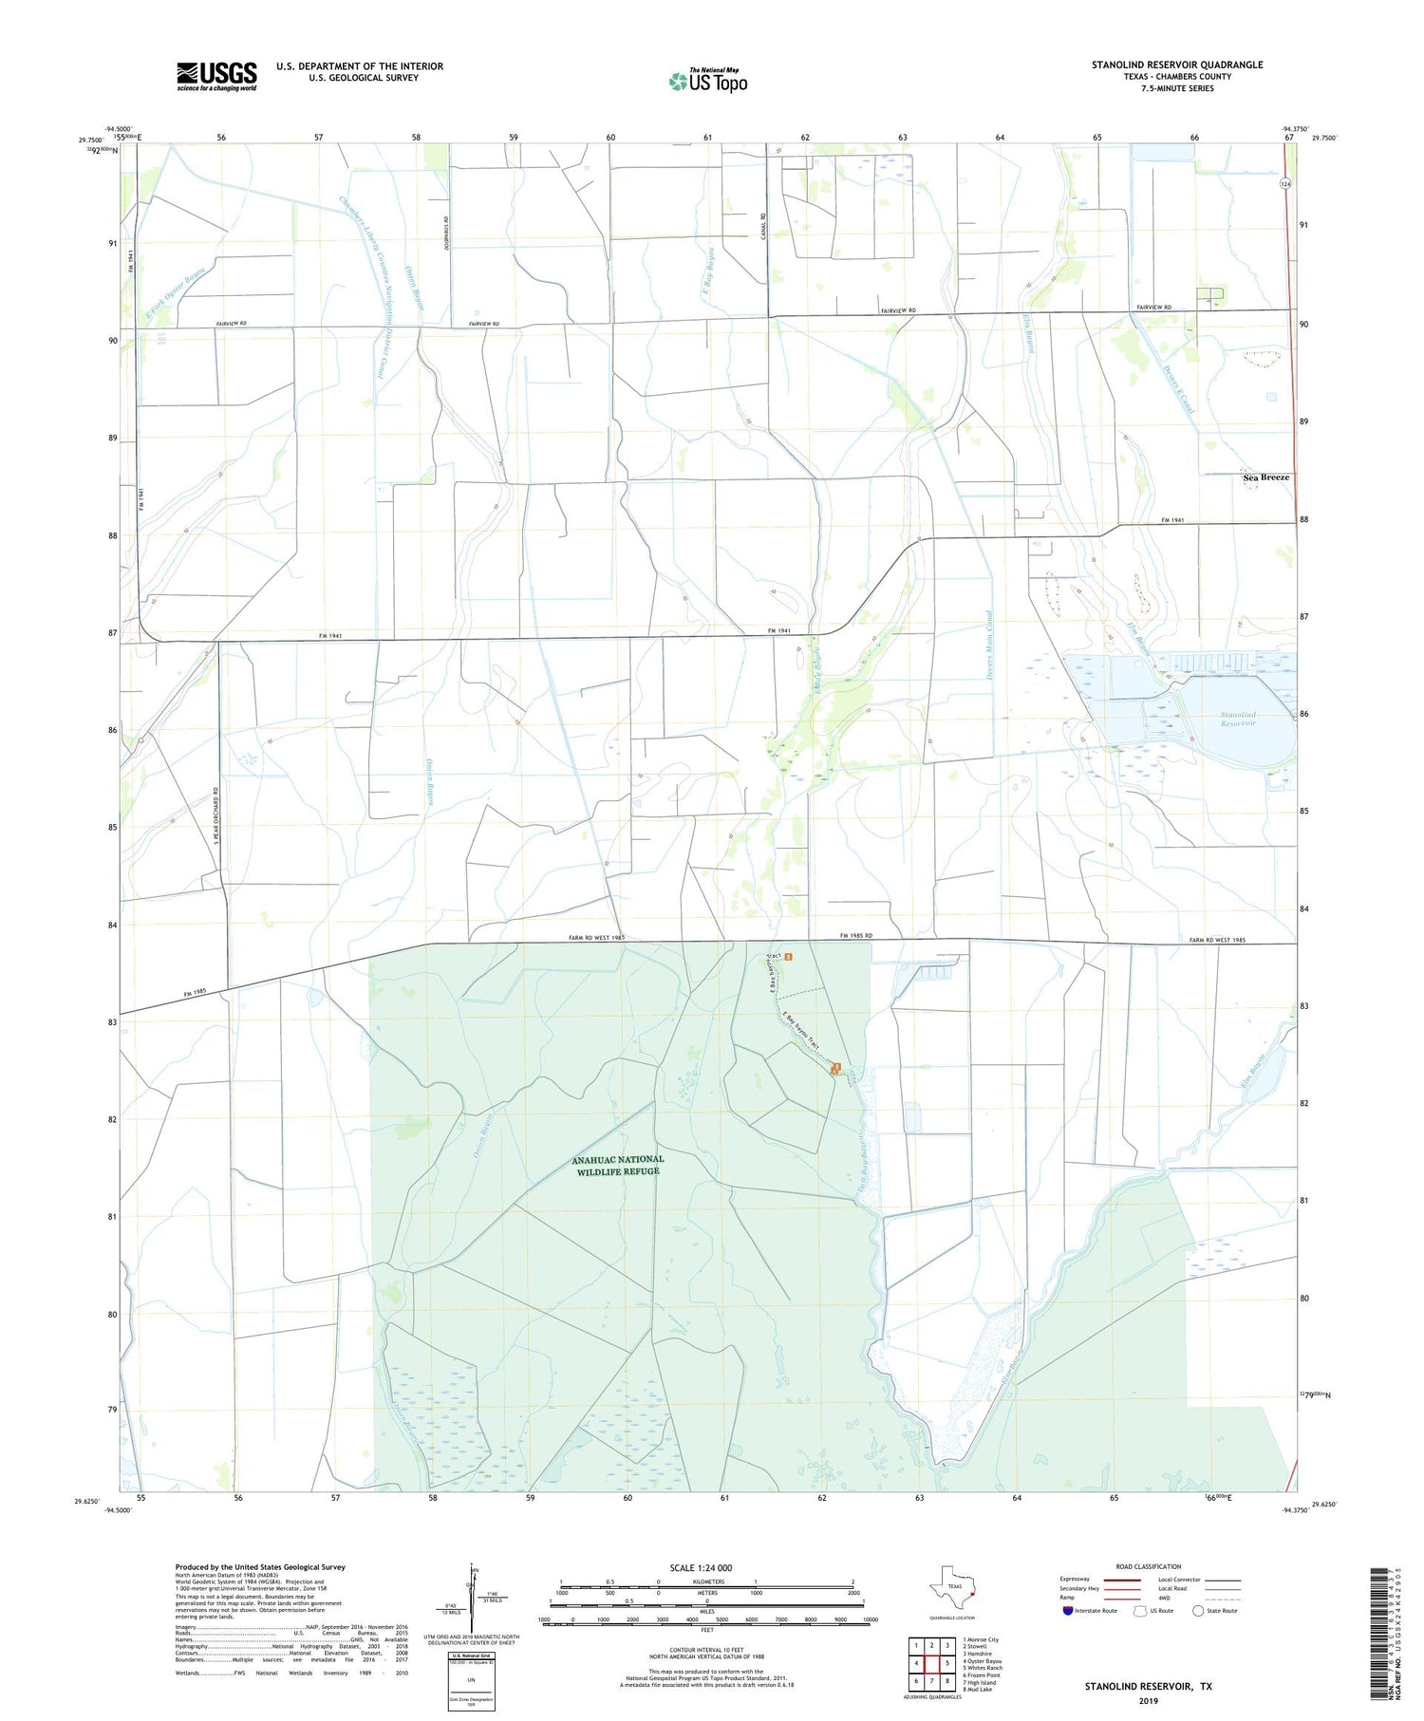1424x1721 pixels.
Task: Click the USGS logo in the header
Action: [x=216, y=76]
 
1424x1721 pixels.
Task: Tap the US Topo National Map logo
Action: [x=707, y=82]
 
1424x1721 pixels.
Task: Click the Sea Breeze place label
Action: [x=1265, y=477]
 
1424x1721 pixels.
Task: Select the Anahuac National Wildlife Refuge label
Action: [x=617, y=1165]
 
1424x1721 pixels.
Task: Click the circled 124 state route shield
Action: [x=1283, y=184]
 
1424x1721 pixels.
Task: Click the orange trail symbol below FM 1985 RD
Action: [x=787, y=956]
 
